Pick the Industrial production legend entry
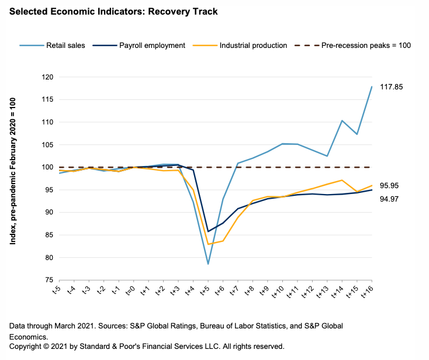pyautogui.click(x=252, y=45)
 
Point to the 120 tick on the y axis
pyautogui.click(x=47, y=77)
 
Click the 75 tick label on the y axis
pyautogui.click(x=49, y=280)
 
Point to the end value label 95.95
pyautogui.click(x=389, y=186)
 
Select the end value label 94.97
pyautogui.click(x=389, y=199)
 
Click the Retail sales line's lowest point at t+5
pyautogui.click(x=208, y=264)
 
